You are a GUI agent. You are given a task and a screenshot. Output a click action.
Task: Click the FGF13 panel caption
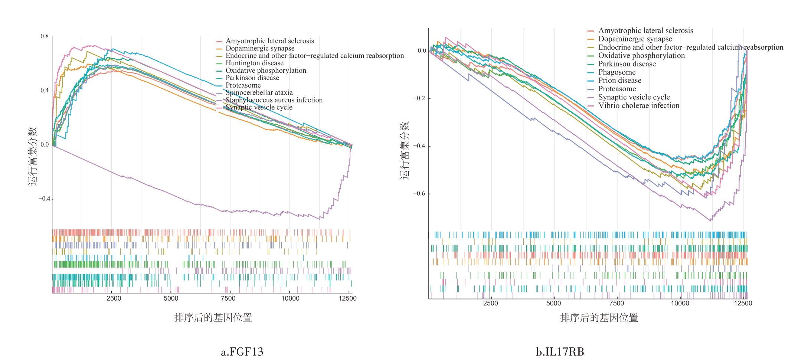[242, 351]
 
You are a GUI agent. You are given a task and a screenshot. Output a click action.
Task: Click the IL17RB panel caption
[560, 351]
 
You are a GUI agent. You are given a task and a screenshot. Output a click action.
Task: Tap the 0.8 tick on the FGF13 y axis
[45, 36]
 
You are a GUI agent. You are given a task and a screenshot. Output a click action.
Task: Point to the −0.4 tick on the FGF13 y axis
[44, 199]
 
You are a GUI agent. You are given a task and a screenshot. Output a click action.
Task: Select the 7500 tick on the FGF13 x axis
[228, 298]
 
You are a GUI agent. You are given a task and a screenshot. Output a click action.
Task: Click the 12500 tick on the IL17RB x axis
[743, 303]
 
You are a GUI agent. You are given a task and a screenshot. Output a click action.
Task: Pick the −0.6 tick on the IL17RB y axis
[420, 194]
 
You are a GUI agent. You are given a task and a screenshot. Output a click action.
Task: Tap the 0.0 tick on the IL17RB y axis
[422, 51]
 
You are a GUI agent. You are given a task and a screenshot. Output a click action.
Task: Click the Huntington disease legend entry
[254, 63]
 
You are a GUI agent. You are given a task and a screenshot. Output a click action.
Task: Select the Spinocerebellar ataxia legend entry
[259, 93]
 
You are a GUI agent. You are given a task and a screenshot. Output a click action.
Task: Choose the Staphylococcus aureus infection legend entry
[274, 100]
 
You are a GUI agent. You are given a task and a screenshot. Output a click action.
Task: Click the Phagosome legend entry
[616, 72]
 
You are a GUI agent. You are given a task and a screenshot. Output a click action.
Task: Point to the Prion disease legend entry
[619, 81]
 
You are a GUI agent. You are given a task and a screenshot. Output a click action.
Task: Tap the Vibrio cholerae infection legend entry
[638, 105]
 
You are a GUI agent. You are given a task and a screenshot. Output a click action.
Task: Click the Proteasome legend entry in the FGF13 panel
[243, 85]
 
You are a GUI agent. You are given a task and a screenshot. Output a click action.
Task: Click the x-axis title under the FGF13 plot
[213, 318]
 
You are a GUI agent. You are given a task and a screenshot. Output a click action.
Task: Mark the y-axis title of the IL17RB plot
[405, 150]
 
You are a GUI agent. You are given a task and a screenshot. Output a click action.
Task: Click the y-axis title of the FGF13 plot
[33, 156]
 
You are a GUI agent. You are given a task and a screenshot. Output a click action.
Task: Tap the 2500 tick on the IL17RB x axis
[490, 303]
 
